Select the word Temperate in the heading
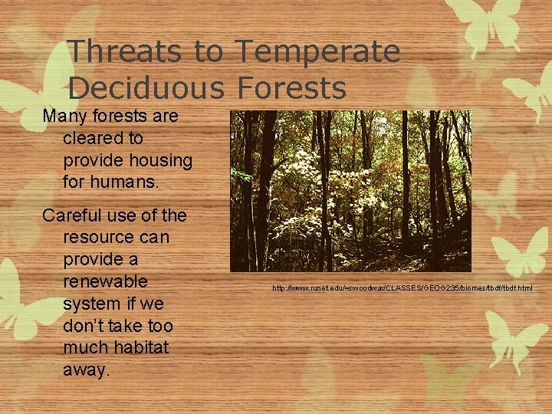click(317, 52)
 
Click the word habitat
click(141, 348)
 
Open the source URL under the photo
click(402, 288)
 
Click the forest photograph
click(350, 191)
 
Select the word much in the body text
click(87, 348)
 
